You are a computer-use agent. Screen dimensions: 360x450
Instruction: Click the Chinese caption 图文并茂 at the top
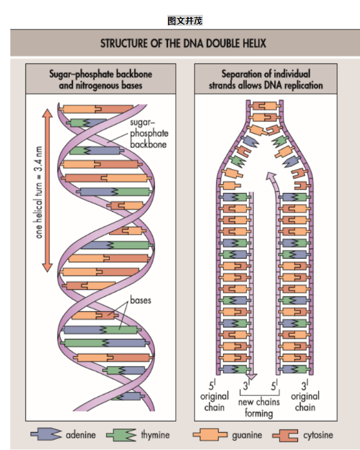click(x=185, y=21)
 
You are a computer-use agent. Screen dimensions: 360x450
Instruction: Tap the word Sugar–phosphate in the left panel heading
click(x=80, y=74)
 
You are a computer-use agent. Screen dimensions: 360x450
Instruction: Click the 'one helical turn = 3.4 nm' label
click(x=39, y=192)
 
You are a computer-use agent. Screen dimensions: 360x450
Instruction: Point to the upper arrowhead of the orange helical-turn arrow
click(x=47, y=114)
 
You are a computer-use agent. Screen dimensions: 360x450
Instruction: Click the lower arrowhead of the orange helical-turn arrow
click(x=47, y=267)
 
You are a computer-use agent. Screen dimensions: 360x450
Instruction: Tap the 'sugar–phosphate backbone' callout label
click(x=149, y=134)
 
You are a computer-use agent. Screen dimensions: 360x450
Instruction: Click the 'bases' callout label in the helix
click(x=140, y=300)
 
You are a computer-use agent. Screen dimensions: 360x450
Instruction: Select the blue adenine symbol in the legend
click(x=47, y=435)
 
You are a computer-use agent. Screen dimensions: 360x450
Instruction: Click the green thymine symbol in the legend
click(x=122, y=435)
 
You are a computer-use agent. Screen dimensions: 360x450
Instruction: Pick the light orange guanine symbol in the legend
click(x=210, y=435)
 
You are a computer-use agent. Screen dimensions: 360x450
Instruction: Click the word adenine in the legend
click(x=81, y=435)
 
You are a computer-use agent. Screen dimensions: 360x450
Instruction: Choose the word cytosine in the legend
click(x=318, y=435)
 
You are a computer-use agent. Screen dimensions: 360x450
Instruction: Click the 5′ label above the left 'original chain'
click(x=212, y=385)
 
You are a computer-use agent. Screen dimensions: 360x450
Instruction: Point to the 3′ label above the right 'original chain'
click(x=304, y=385)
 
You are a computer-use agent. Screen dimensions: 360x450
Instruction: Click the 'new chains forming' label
click(x=259, y=407)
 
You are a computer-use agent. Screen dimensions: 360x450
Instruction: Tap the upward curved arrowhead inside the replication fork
click(x=270, y=176)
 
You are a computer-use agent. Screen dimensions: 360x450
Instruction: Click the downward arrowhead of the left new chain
click(x=252, y=376)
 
